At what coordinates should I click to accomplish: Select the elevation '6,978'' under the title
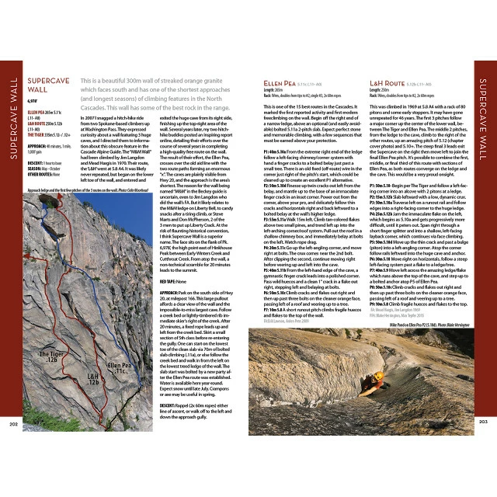[33, 101]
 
